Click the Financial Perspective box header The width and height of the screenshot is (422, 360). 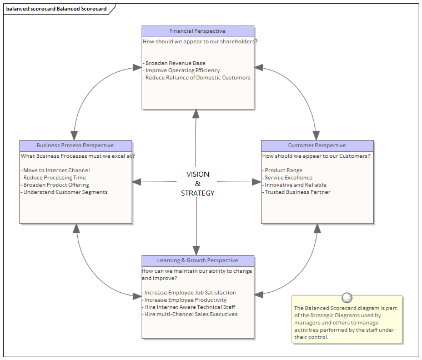coord(198,31)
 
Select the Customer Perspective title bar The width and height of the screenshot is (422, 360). coord(317,146)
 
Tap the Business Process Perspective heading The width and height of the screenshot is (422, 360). coord(76,146)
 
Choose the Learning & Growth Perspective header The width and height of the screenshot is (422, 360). coord(198,261)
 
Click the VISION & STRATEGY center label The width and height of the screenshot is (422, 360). coord(198,184)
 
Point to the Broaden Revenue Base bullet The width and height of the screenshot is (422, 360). coord(175,63)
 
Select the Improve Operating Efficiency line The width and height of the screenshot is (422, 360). coord(182,71)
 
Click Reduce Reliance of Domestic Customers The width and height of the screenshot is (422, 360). coord(197,78)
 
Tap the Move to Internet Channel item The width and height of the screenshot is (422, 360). coord(56,171)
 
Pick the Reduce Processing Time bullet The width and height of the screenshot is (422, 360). coord(54,178)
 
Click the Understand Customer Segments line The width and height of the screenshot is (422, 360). coord(65,192)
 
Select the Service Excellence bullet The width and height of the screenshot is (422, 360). coord(288,178)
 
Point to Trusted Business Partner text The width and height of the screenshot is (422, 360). coord(297,192)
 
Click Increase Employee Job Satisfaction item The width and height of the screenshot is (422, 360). coord(190,293)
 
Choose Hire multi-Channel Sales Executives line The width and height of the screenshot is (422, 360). coord(190,314)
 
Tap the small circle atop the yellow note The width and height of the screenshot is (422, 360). coord(347,297)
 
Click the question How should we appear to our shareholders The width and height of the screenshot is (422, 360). coord(200,42)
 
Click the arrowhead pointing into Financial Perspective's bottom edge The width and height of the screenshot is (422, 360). coord(195,113)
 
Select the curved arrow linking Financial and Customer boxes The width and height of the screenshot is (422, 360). coord(303,92)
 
